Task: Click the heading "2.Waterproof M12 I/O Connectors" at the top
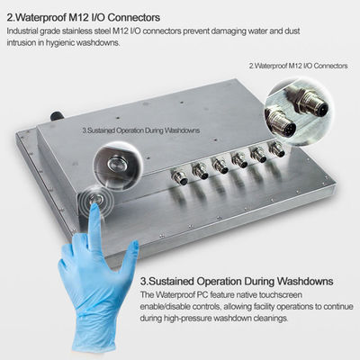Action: pos(84,17)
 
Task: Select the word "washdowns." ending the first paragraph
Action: pos(98,43)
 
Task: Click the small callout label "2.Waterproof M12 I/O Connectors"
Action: pos(298,66)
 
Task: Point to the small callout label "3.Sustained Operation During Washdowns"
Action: pos(141,130)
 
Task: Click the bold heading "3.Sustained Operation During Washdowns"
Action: pos(237,282)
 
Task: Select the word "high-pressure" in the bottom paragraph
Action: pos(187,319)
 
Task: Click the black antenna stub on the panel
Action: pos(56,116)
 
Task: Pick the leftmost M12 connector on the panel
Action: pos(179,176)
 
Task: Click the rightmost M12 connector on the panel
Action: pos(276,149)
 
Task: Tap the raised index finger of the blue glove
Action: pos(94,228)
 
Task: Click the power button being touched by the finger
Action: pos(96,200)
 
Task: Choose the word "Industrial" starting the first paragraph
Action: pos(22,31)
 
